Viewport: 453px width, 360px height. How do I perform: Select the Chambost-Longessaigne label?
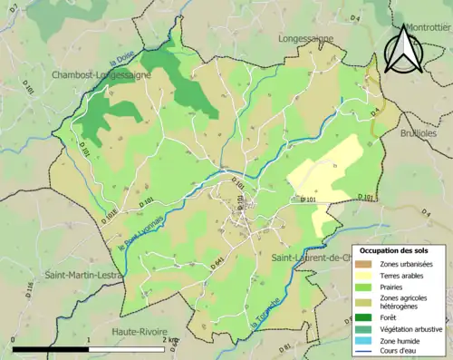point(100,74)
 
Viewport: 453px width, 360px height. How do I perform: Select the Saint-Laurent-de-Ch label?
point(311,258)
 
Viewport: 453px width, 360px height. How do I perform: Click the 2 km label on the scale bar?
point(171,340)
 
